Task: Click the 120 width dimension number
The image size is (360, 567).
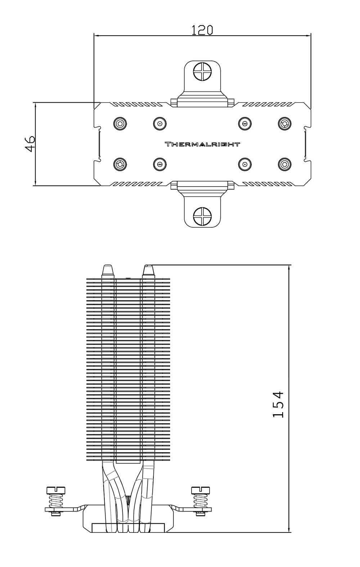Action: click(202, 30)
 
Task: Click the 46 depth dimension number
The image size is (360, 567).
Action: click(30, 144)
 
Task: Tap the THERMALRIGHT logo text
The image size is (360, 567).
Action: click(202, 144)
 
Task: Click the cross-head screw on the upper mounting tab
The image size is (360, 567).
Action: click(202, 71)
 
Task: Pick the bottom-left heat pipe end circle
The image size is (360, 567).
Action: click(120, 164)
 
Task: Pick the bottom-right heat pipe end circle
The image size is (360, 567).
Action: click(285, 164)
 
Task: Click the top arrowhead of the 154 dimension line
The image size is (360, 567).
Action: click(289, 268)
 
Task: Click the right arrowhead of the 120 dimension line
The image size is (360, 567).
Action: click(307, 35)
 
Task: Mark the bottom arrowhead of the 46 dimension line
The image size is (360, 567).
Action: click(35, 183)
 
